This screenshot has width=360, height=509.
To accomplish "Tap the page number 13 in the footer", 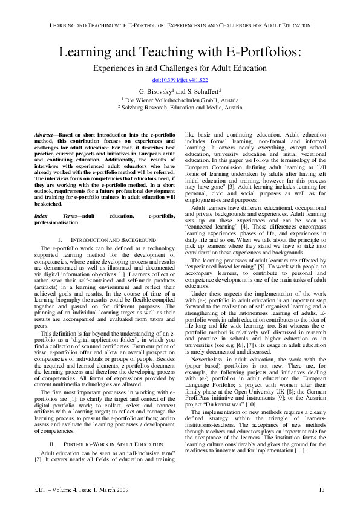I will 322,489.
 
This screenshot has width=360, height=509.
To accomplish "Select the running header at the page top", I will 180,25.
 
